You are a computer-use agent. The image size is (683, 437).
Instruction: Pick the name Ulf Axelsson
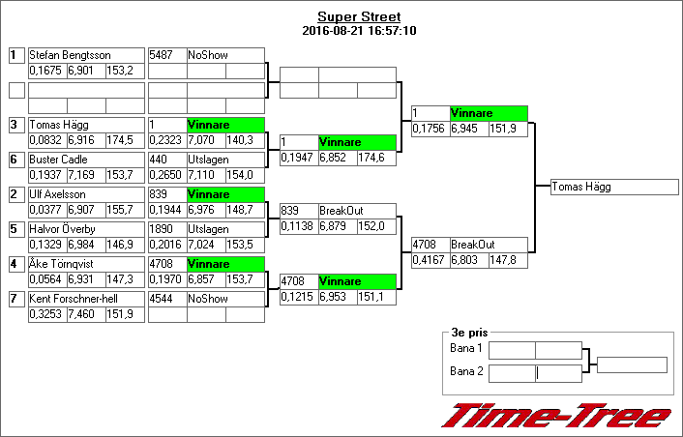59,194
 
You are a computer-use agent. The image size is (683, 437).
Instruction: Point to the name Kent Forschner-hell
73,299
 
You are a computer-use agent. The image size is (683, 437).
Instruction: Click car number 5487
161,55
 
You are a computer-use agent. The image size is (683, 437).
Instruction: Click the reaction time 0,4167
429,260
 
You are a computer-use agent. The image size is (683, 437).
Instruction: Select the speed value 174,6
372,157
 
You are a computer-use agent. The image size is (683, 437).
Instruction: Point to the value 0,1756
429,129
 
